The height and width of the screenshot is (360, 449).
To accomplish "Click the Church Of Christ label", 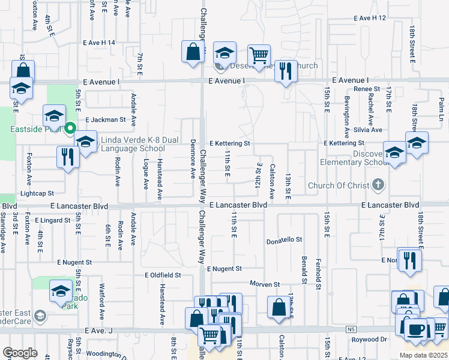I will pyautogui.click(x=339, y=185).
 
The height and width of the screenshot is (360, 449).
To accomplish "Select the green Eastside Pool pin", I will pyautogui.click(x=70, y=128).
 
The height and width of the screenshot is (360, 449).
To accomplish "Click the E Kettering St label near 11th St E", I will pyautogui.click(x=229, y=144).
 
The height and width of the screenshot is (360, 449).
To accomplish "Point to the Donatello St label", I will pyautogui.click(x=284, y=240).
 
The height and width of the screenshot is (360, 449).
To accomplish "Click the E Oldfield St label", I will pyautogui.click(x=163, y=275).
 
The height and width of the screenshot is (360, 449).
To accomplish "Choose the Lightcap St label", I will pyautogui.click(x=37, y=193).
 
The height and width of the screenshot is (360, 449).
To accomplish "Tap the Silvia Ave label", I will pyautogui.click(x=368, y=130).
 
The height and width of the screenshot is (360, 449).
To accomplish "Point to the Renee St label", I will pyautogui.click(x=363, y=89).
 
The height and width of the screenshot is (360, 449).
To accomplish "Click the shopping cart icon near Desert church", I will pyautogui.click(x=259, y=56).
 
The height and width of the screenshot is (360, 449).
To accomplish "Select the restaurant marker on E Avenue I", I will pyautogui.click(x=286, y=71).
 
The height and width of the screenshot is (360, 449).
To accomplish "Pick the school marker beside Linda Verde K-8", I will pyautogui.click(x=85, y=142).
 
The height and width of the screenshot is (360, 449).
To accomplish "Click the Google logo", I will pyautogui.click(x=20, y=353).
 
